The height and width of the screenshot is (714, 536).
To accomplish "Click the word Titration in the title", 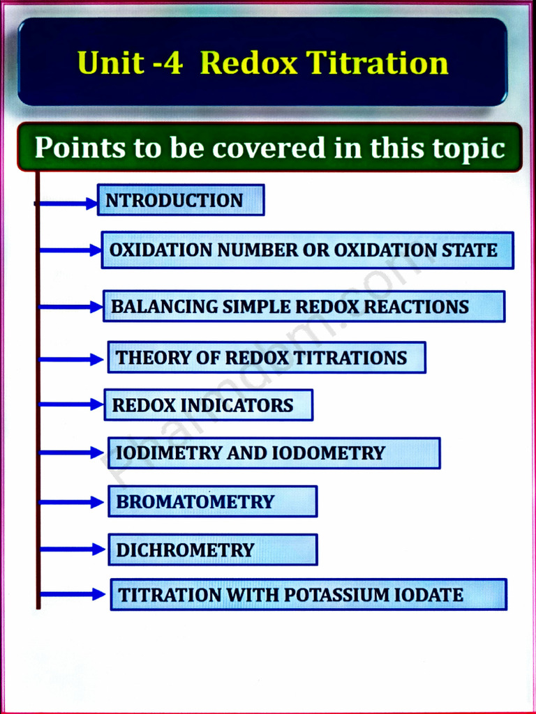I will pos(378,63).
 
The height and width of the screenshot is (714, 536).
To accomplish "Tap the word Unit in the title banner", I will pos(111,63).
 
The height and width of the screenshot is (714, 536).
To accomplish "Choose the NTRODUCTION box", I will pos(180,200).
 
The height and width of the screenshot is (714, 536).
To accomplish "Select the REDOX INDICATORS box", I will pos(208,405).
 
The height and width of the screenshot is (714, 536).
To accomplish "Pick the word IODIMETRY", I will pos(168,453).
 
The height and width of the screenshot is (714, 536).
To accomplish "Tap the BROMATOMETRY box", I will pos(212,501).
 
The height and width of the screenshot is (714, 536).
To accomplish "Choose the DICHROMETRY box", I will pos(212,549).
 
